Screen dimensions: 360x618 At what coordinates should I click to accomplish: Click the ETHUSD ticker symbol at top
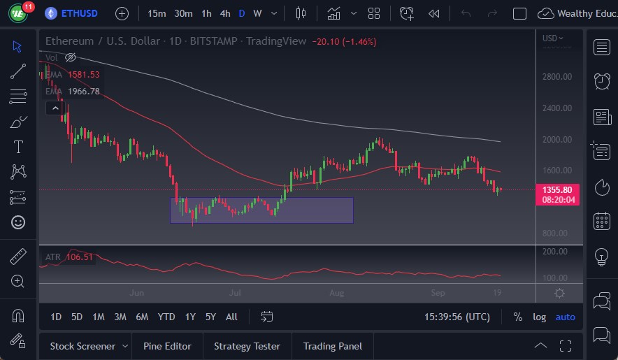[79, 13]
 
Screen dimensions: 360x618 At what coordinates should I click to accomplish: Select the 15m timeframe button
[157, 13]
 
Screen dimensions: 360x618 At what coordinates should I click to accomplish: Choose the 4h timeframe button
[224, 13]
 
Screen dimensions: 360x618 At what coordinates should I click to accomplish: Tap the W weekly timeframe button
[257, 13]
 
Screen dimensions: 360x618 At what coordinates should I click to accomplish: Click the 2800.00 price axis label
[557, 76]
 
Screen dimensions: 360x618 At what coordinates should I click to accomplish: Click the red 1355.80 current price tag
[557, 189]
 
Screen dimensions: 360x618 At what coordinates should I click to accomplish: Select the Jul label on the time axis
[235, 292]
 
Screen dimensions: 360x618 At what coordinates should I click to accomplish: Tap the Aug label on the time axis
[336, 292]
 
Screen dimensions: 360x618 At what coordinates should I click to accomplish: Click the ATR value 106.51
[80, 257]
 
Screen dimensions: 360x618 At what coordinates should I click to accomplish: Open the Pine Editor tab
[167, 346]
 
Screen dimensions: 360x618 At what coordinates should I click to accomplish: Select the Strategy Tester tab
[247, 346]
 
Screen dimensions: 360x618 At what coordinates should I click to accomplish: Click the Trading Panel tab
[333, 346]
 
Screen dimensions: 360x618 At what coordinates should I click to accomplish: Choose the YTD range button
[166, 317]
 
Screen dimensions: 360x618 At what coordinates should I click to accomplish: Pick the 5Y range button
[210, 317]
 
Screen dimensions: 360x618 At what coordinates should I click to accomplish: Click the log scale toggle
[539, 317]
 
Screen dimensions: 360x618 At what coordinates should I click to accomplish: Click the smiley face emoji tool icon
[18, 222]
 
